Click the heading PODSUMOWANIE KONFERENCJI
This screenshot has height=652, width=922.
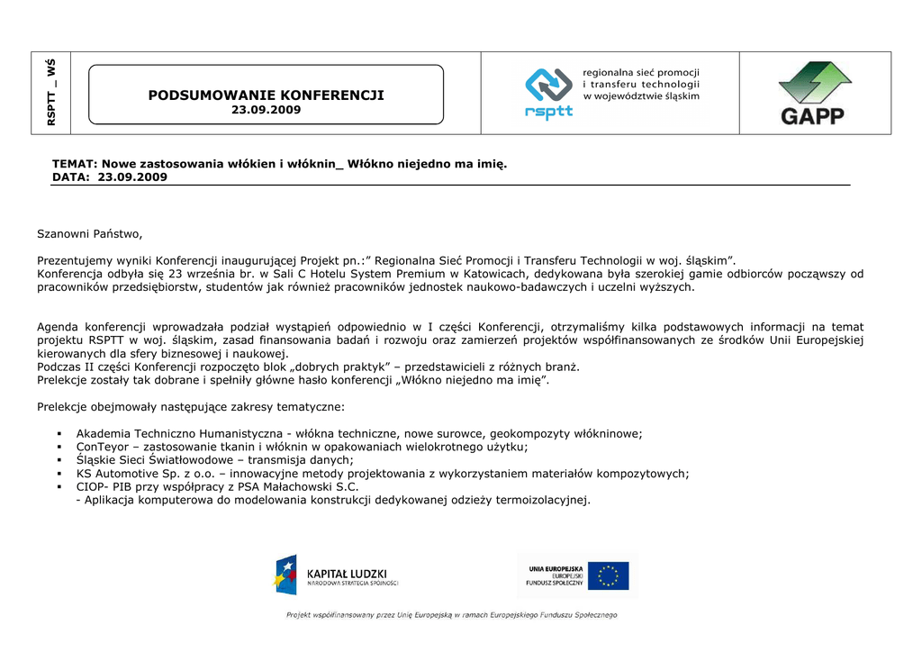(266, 95)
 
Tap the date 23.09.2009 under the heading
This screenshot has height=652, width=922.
(266, 110)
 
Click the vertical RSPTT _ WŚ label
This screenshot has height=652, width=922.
(52, 93)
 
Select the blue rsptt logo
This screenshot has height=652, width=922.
(548, 94)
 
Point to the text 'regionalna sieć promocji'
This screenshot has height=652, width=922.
(641, 73)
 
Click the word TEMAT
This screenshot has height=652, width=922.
(74, 165)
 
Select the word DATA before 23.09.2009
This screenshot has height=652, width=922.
(69, 177)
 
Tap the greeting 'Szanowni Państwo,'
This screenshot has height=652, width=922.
(90, 234)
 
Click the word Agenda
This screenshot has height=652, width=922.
(58, 327)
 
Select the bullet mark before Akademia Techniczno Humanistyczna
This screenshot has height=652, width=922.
(57, 434)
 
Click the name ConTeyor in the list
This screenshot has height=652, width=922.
(104, 447)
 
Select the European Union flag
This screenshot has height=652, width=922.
(612, 575)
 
